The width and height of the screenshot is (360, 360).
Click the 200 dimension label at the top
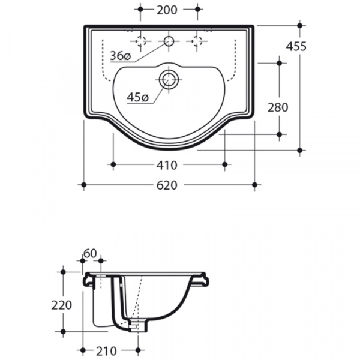[167, 10]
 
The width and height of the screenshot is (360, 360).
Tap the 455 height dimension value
[296, 46]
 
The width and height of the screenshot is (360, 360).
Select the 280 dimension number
[278, 107]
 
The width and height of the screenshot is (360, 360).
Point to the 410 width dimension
[167, 165]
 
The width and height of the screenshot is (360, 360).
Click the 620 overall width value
[167, 185]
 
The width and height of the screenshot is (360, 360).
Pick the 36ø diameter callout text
[121, 56]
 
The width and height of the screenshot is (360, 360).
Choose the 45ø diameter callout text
[138, 97]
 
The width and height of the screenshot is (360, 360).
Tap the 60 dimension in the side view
[90, 253]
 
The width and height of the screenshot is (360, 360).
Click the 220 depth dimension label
[62, 305]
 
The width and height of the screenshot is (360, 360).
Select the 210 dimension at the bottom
[106, 351]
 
